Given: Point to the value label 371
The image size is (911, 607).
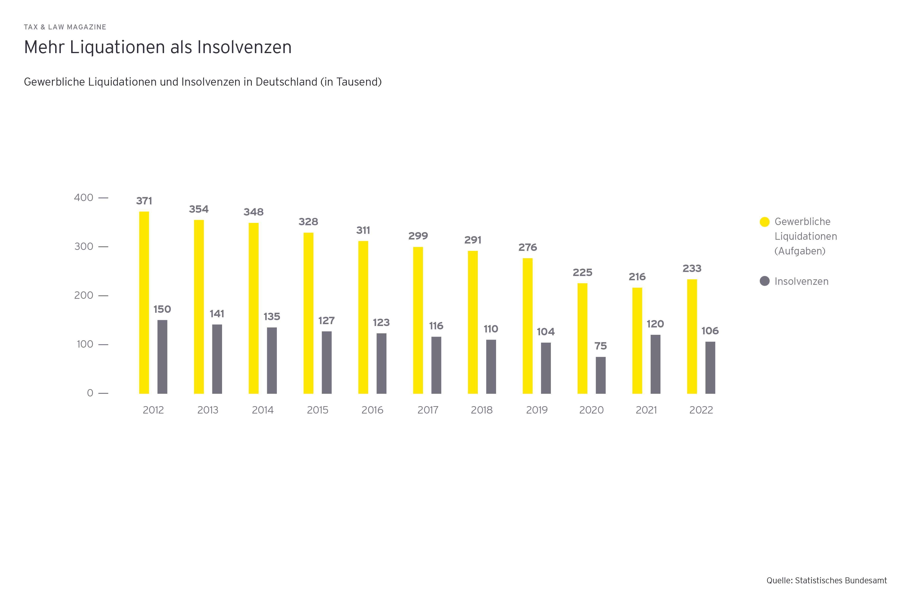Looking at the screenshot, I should (144, 201).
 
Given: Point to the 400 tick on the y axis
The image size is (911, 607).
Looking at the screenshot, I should (84, 198).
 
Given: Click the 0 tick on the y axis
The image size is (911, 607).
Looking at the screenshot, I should (90, 393).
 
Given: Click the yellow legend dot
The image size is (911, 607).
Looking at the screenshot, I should (765, 222).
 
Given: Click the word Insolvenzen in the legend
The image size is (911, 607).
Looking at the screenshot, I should (801, 281).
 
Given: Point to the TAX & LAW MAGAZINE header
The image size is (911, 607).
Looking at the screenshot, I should (65, 27).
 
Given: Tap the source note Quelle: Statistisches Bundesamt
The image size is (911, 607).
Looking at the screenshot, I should (827, 581).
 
